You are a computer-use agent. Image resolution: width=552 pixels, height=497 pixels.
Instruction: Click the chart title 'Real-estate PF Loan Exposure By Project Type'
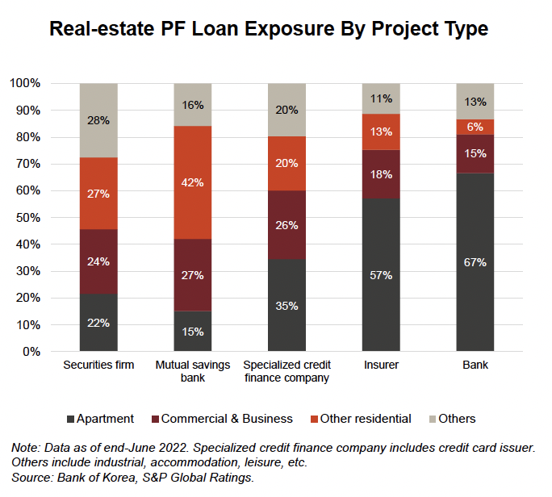tap(269, 30)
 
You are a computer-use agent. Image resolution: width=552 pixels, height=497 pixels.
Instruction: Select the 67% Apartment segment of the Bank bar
tap(475, 262)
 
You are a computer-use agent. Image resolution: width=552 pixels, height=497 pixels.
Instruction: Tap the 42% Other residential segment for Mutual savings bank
tap(193, 182)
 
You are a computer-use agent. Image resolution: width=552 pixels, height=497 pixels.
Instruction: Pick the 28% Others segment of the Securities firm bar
tap(99, 120)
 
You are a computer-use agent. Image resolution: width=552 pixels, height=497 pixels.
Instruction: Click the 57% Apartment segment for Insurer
tap(381, 275)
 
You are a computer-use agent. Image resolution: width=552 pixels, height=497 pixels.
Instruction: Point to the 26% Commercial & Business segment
tap(286, 224)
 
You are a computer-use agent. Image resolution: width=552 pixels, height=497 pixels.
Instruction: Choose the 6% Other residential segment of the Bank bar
tap(475, 127)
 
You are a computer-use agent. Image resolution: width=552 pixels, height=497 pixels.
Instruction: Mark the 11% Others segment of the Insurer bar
tap(381, 98)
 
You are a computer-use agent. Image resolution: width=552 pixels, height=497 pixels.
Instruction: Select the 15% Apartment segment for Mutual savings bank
tap(193, 332)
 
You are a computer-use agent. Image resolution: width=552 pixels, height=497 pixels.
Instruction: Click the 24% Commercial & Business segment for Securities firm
tap(99, 261)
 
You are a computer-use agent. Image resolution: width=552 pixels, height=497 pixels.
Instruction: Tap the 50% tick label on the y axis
tap(29, 218)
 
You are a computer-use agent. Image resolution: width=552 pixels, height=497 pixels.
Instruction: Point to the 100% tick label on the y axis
tap(26, 83)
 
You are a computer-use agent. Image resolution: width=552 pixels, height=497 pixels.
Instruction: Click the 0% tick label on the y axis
tap(32, 352)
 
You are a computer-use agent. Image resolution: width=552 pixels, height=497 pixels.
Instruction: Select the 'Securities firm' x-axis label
tap(98, 365)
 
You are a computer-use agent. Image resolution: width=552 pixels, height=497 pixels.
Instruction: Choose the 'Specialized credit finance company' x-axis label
tap(286, 371)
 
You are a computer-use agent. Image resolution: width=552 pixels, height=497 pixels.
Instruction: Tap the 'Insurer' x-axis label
tap(381, 365)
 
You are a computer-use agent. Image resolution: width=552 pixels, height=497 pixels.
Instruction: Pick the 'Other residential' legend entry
tap(366, 419)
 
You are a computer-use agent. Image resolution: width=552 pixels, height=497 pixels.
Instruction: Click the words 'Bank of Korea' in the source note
tap(86, 478)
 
